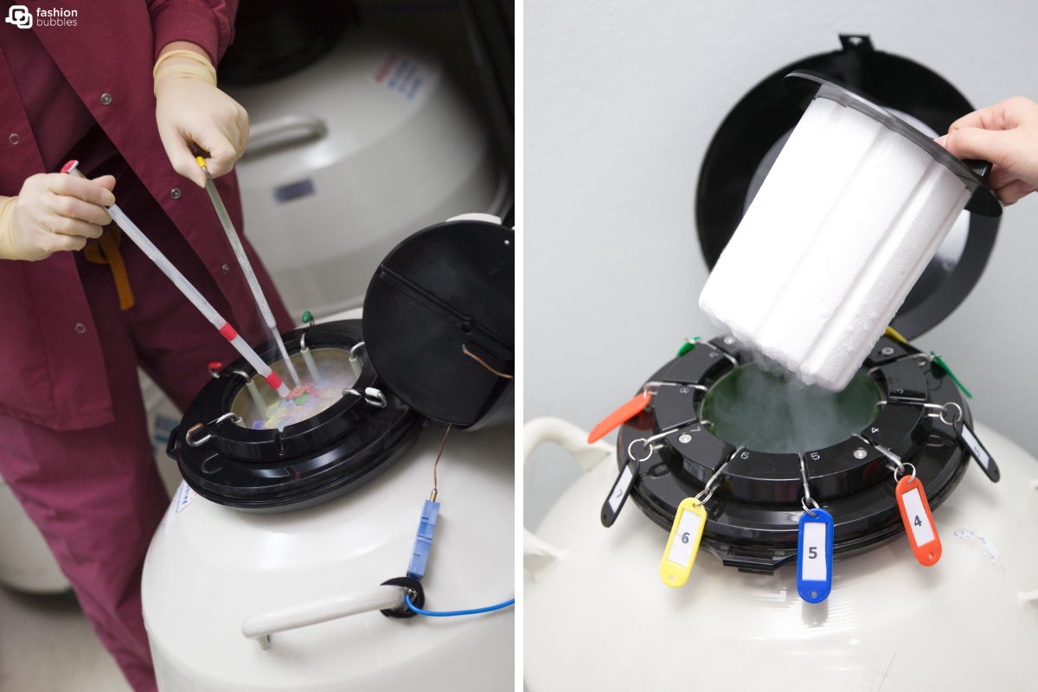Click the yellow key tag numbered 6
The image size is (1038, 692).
682,542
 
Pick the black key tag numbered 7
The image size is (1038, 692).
620,494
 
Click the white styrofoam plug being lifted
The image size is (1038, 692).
830,242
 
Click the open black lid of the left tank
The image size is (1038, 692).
437,320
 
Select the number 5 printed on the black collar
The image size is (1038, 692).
814,455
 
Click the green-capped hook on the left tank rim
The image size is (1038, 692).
306,318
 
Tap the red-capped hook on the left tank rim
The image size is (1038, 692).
215,368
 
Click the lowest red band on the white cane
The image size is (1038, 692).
273,380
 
